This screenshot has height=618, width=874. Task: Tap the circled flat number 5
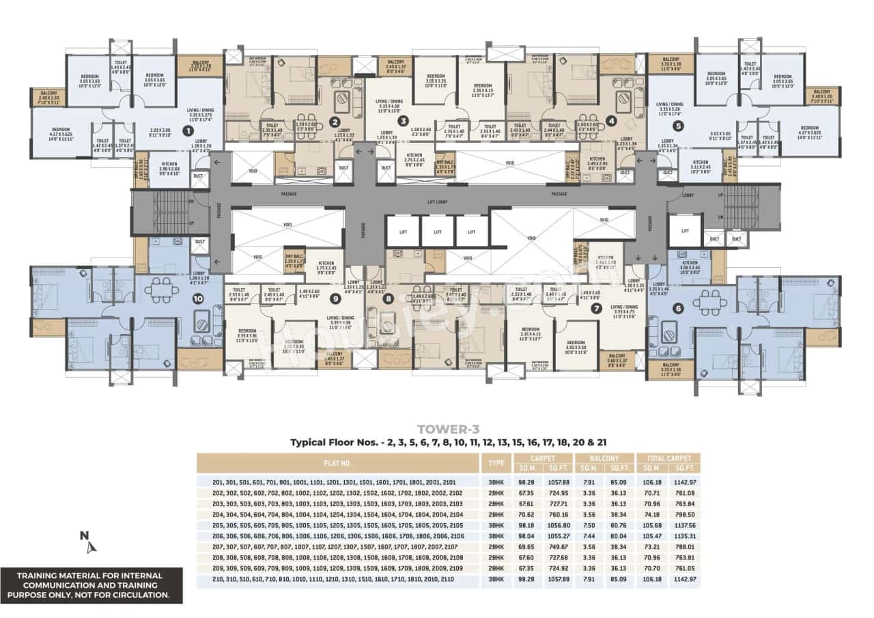coord(678,126)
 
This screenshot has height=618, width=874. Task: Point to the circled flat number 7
coord(596,308)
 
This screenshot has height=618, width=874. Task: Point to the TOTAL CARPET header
coord(668,458)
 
